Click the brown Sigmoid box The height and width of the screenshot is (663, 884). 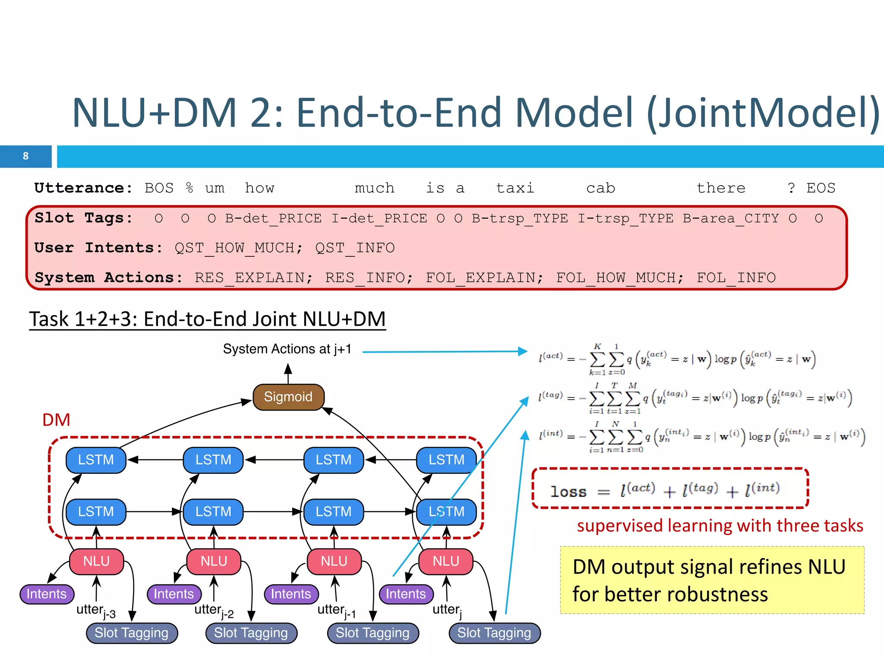[x=288, y=397]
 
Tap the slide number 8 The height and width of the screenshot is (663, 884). [x=25, y=156]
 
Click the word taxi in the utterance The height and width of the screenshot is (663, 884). [x=515, y=188]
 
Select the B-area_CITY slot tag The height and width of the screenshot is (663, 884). [x=731, y=218]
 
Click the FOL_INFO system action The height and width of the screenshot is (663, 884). [x=736, y=278]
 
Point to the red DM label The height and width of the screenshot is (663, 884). [x=56, y=420]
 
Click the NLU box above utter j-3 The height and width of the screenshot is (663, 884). [x=96, y=561]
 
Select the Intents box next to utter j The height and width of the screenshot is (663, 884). [x=405, y=594]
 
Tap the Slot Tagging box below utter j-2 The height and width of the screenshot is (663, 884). [x=251, y=633]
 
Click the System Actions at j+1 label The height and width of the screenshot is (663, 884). [x=287, y=349]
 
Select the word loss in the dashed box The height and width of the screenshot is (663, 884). [x=568, y=492]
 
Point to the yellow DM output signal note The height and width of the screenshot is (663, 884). [x=712, y=580]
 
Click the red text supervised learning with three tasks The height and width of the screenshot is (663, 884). [x=720, y=526]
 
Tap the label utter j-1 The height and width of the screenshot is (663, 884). [x=336, y=611]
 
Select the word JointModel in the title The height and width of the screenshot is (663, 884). [x=762, y=113]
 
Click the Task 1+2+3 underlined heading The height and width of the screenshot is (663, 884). [x=207, y=319]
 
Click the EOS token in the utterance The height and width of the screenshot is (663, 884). [x=821, y=188]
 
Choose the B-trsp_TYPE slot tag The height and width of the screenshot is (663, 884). [x=520, y=218]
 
